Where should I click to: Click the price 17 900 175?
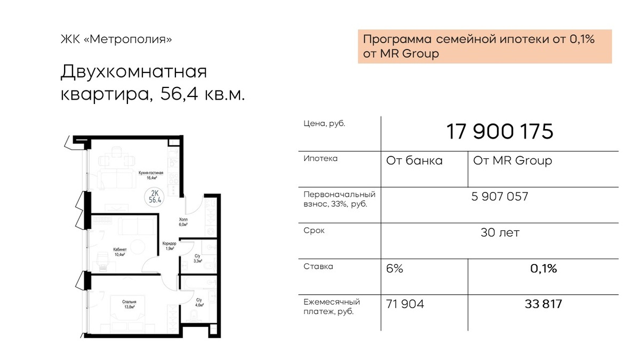(x=500, y=132)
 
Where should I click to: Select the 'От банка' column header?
(x=414, y=161)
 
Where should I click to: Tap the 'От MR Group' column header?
(x=513, y=161)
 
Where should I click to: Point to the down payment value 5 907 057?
(x=500, y=197)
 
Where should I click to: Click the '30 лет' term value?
(x=500, y=233)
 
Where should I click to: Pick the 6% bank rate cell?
(x=395, y=269)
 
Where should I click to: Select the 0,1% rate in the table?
(x=543, y=269)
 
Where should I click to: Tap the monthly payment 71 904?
(x=405, y=304)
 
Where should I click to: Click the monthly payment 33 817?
(x=543, y=304)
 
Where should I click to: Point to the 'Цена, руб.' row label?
(x=324, y=124)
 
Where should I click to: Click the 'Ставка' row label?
(x=318, y=267)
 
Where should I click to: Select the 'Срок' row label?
(x=314, y=230)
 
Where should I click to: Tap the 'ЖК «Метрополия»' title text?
(x=116, y=39)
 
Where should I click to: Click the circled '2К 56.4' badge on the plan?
(x=155, y=196)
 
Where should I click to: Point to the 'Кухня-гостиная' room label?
(x=151, y=173)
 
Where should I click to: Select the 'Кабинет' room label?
(x=119, y=250)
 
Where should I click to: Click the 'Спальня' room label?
(x=129, y=302)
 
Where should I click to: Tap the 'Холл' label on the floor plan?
(x=183, y=219)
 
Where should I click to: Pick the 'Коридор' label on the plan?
(x=169, y=243)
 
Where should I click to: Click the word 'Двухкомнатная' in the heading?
(x=133, y=71)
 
